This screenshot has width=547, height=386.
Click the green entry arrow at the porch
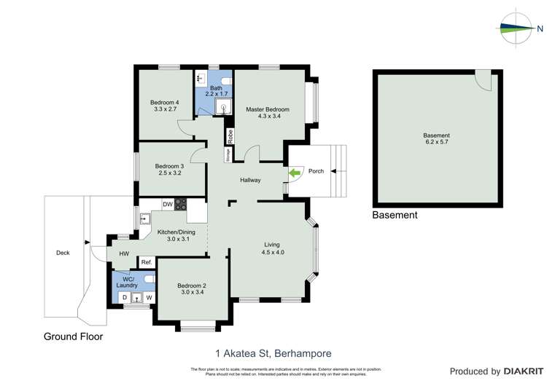[295, 173]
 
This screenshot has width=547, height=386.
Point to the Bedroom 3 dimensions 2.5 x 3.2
[168, 174]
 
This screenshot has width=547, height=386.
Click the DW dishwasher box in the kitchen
[167, 205]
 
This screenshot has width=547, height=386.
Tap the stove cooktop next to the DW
[179, 205]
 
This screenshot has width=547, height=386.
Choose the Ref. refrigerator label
[146, 262]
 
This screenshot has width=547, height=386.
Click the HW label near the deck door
[125, 253]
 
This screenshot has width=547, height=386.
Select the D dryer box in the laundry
[124, 298]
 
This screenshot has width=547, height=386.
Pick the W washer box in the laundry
[149, 298]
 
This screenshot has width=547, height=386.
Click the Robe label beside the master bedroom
[229, 136]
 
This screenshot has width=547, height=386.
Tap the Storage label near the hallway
[228, 154]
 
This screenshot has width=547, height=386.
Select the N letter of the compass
[540, 29]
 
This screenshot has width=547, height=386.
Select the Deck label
[63, 253]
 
